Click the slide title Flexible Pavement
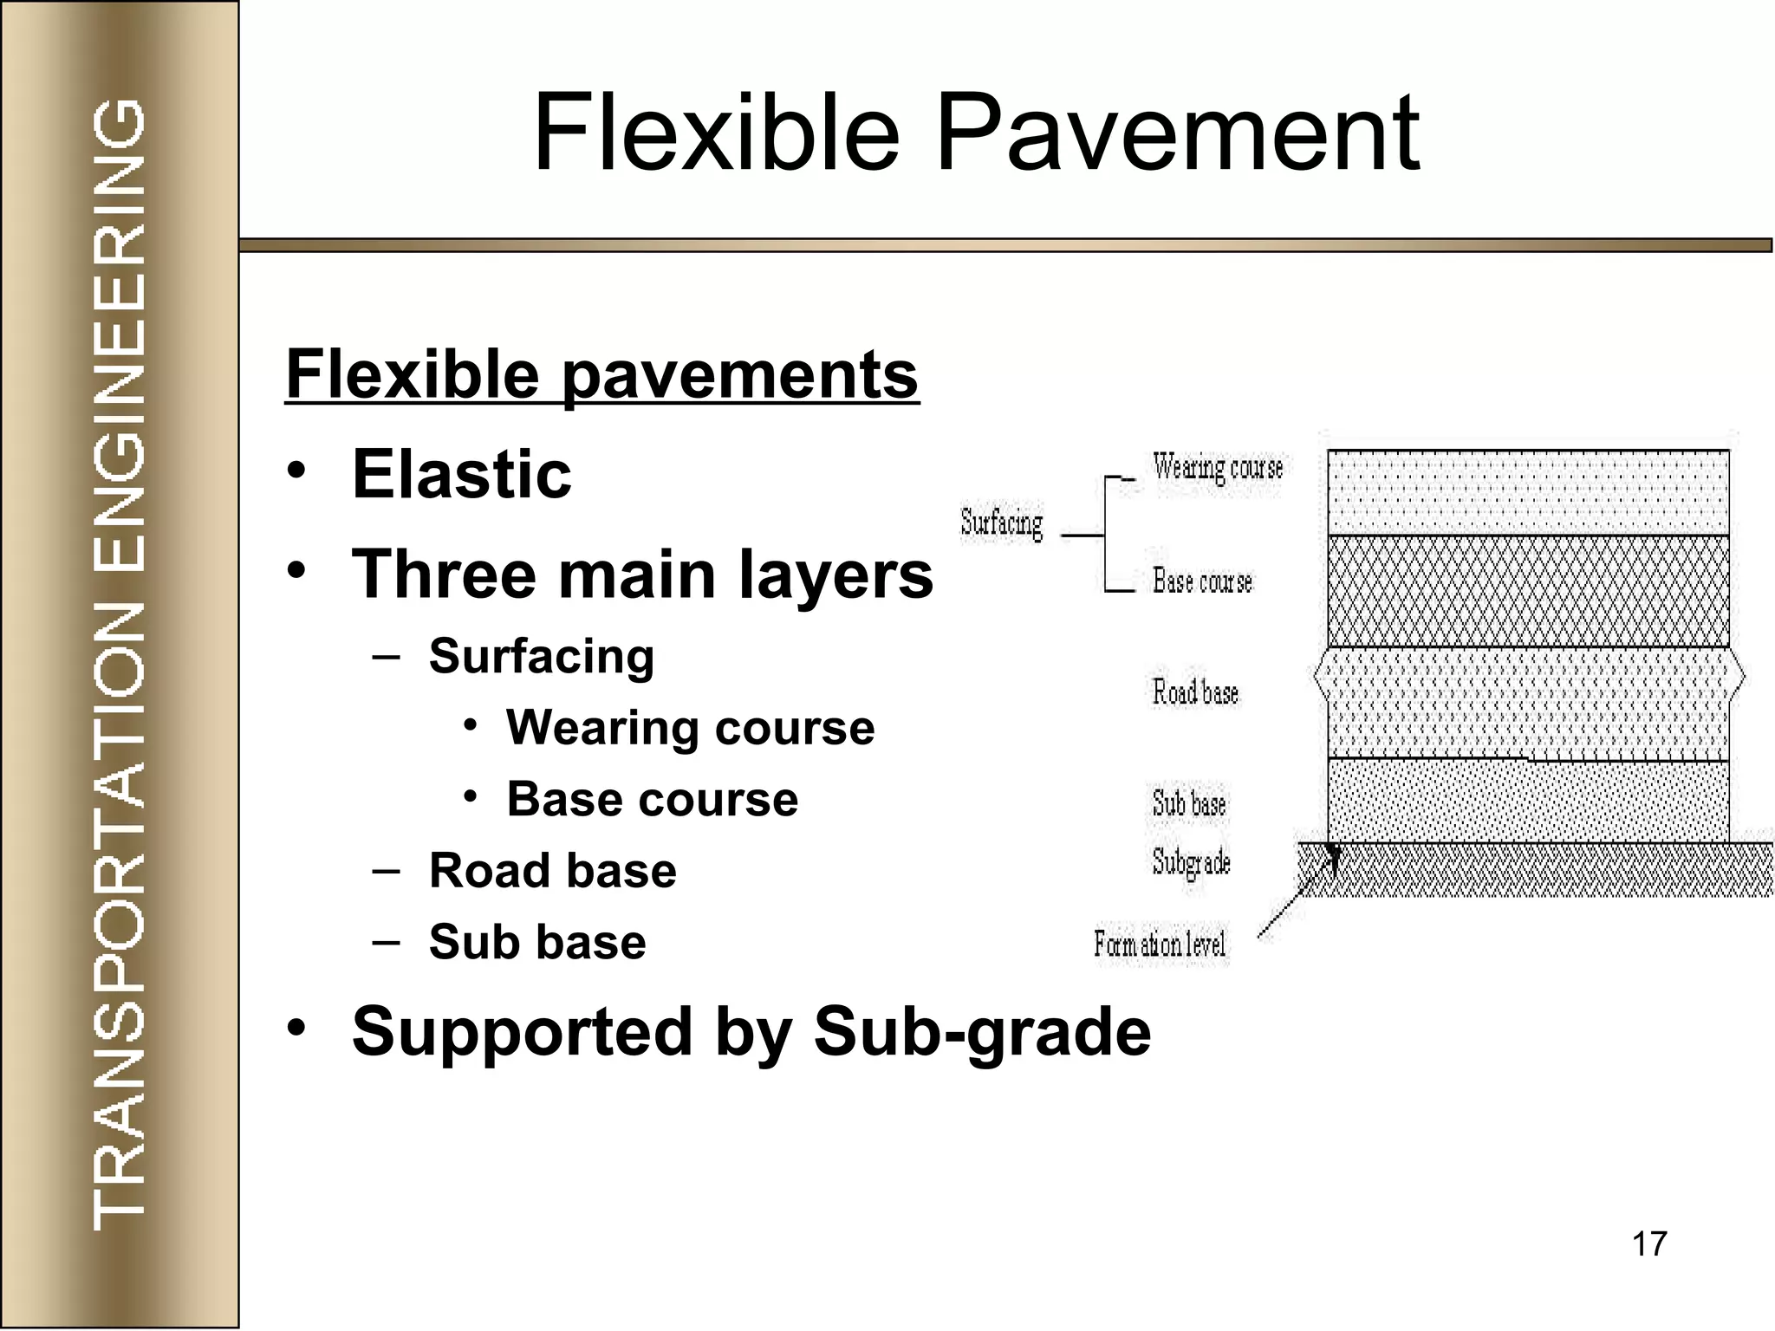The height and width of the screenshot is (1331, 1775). click(x=976, y=134)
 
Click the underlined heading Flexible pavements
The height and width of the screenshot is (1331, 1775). click(x=601, y=374)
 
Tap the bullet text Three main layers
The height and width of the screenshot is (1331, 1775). click(x=641, y=575)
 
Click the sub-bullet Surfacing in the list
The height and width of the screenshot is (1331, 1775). click(x=541, y=656)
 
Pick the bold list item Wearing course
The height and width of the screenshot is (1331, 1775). click(x=690, y=727)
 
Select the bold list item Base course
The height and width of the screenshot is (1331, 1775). click(x=652, y=799)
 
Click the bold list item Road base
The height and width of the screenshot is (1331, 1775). click(x=552, y=870)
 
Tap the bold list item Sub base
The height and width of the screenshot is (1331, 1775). click(x=537, y=942)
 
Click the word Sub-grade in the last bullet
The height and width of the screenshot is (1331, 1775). click(x=981, y=1031)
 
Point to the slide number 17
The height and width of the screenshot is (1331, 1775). click(x=1648, y=1243)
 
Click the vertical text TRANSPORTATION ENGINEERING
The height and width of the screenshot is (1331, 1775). click(x=119, y=664)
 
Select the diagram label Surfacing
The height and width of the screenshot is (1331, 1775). click(x=1001, y=523)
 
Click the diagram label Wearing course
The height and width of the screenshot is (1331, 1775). click(x=1217, y=468)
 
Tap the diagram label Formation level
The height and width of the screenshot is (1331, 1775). click(x=1159, y=944)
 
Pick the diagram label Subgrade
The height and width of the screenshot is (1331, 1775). click(x=1191, y=862)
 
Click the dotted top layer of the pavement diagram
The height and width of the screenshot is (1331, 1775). click(x=1527, y=492)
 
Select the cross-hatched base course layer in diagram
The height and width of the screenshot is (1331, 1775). click(x=1527, y=591)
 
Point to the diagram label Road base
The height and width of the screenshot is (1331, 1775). click(x=1194, y=692)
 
